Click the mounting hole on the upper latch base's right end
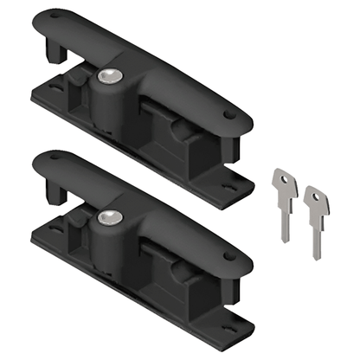click(x=227, y=185)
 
